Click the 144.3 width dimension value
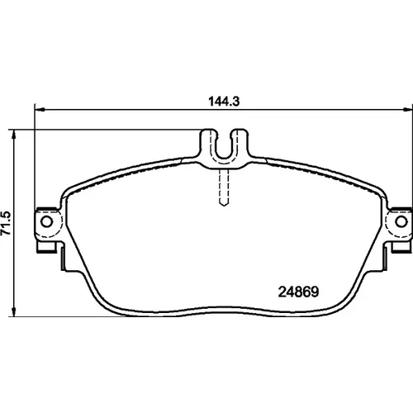point(224,102)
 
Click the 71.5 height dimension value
point(6,223)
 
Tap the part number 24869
point(298,292)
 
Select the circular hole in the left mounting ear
point(46,221)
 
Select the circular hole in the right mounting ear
point(401,221)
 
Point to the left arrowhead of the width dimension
point(40,110)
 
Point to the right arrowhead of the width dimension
point(407,110)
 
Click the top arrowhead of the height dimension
point(13,133)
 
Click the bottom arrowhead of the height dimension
point(13,312)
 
